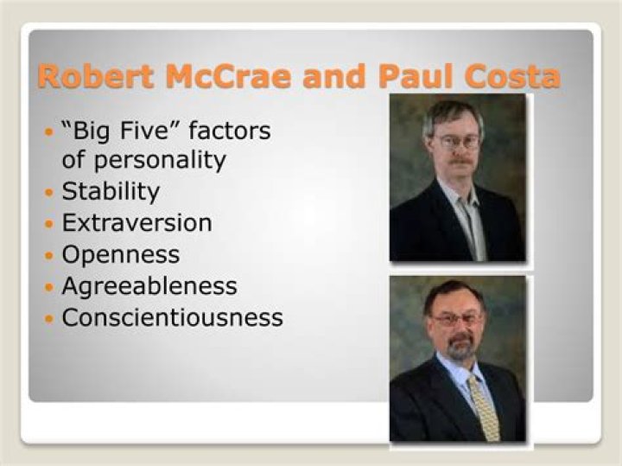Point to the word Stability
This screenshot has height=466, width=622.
pos(111,190)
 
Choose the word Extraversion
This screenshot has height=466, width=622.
pos(136,222)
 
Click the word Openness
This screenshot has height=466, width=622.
pos(121,254)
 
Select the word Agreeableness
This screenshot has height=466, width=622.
pos(149,285)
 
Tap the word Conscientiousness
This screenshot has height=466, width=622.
pos(172,317)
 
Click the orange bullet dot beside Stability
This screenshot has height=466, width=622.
pos(48,191)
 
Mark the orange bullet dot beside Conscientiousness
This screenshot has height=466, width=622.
pos(48,318)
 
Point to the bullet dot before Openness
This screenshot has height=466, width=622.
pos(48,255)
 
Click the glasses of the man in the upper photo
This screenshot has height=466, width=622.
pos(458,141)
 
